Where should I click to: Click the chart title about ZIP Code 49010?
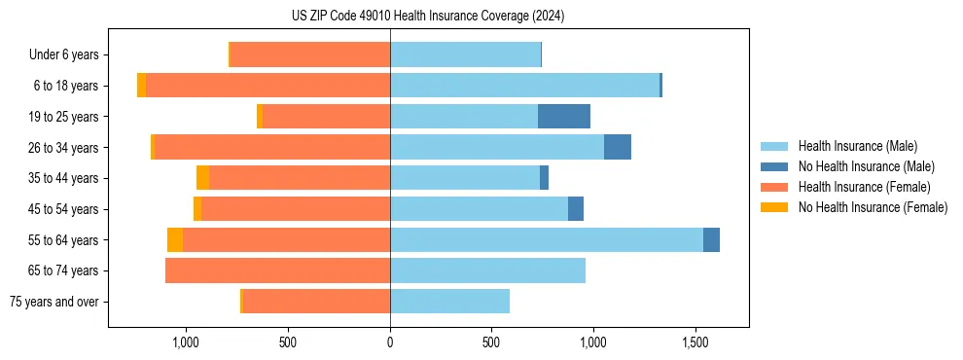pos(428,17)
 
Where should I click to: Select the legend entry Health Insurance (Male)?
pos(857,146)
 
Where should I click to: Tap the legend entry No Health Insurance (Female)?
pos(873,207)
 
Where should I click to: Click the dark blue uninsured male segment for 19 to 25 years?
pos(564,117)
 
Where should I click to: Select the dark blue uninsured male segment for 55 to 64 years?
pos(711,240)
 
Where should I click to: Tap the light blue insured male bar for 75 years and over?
pos(449,302)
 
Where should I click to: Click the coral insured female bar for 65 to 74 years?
pos(277,270)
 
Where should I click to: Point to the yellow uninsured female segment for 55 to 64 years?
pos(175,240)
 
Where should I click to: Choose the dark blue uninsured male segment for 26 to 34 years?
pos(618,148)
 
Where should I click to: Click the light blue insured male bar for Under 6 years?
pos(465,55)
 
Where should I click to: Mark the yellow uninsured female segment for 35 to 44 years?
pos(202,178)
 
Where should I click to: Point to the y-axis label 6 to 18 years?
pos(64,86)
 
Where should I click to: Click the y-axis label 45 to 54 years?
pos(62,209)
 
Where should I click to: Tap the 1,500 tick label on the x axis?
pos(695,342)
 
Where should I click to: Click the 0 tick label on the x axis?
pos(390,342)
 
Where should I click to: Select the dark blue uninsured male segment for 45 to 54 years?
pos(576,209)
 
